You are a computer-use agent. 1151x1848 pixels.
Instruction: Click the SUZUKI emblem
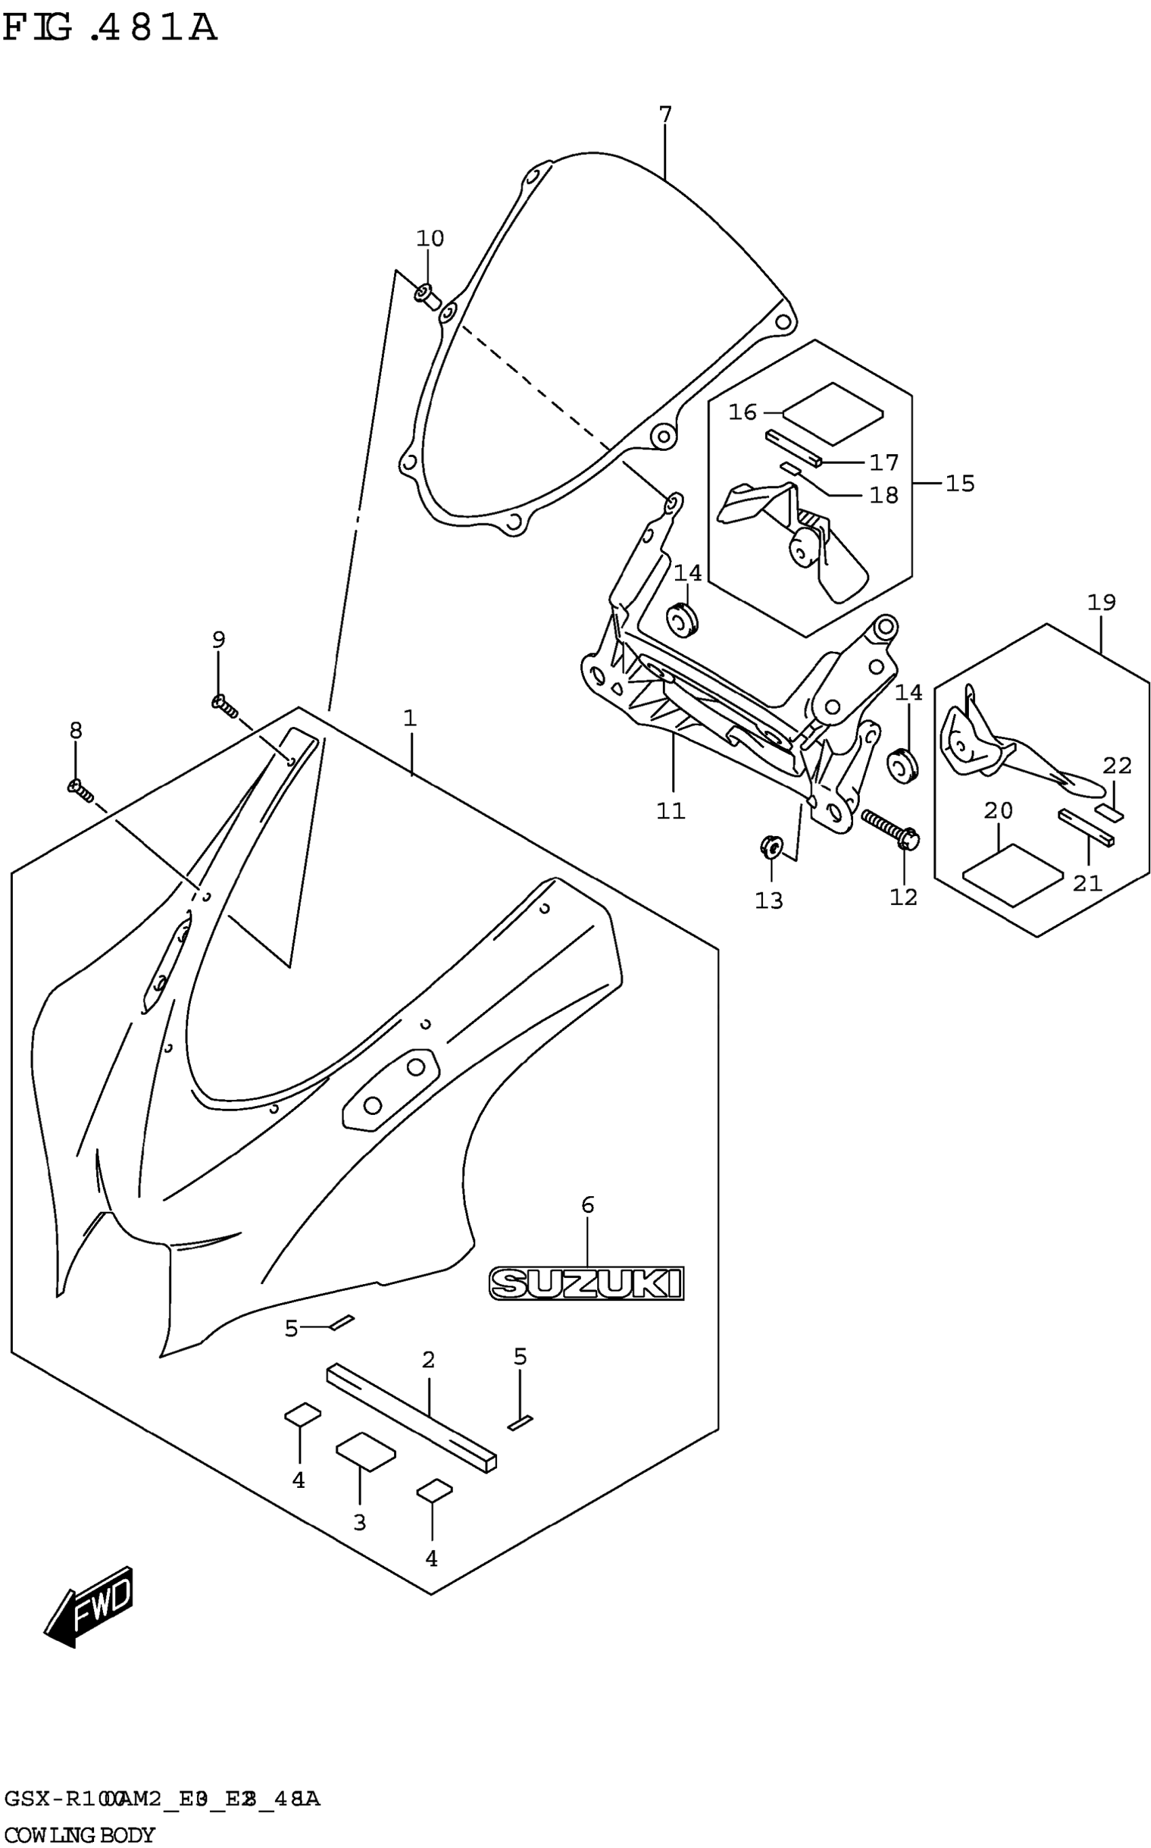(x=586, y=1283)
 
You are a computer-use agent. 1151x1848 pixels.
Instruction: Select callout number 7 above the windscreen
(x=665, y=115)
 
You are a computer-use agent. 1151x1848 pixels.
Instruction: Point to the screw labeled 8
(x=80, y=791)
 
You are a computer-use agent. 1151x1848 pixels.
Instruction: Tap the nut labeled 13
(x=770, y=845)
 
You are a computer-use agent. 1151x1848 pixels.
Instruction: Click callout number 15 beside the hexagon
(x=959, y=483)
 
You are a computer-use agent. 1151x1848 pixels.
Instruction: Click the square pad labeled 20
(x=1012, y=875)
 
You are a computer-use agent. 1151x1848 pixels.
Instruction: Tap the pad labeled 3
(x=366, y=1451)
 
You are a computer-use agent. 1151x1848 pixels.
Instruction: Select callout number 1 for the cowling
(x=410, y=718)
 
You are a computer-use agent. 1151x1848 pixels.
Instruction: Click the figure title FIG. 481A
(x=110, y=29)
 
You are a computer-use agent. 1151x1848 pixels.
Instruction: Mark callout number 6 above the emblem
(x=587, y=1205)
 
